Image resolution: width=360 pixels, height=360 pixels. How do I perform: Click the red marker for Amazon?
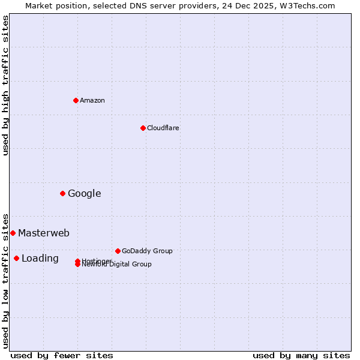point(76,100)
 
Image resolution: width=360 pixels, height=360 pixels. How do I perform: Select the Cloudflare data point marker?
point(143,128)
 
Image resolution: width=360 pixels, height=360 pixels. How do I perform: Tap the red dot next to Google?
point(62,193)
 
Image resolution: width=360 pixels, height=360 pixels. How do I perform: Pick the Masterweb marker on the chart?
point(13,233)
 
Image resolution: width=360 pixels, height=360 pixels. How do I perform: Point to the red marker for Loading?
point(16,258)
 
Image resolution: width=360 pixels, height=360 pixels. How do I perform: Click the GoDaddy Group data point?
point(118,251)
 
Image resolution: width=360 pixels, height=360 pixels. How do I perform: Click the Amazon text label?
point(92,100)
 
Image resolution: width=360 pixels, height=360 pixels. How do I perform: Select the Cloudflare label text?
point(163,128)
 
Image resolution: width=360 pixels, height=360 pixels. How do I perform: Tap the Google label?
point(85,193)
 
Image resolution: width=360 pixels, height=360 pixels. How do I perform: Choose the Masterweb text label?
point(44,233)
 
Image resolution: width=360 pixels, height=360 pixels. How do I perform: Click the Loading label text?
point(40,259)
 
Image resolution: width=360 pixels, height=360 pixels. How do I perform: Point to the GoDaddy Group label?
point(147,251)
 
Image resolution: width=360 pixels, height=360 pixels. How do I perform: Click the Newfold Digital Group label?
point(118,265)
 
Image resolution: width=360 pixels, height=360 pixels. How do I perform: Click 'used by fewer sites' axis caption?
point(62,355)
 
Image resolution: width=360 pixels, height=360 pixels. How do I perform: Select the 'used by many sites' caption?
point(301,355)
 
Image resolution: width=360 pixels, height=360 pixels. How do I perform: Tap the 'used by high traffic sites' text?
point(6,85)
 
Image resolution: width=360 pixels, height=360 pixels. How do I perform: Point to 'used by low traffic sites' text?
point(6,280)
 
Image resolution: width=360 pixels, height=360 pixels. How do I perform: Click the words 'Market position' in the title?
point(52,5)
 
